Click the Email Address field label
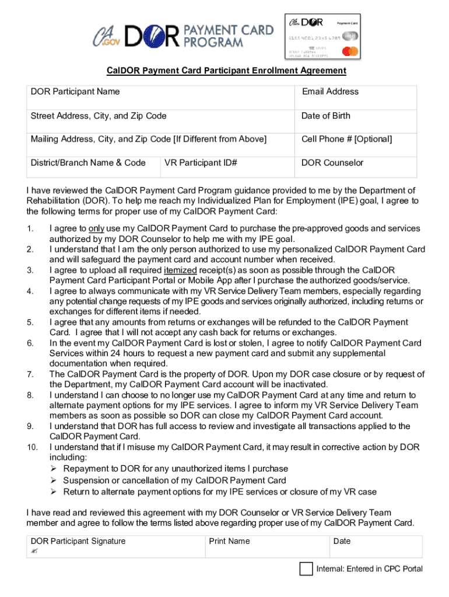pyautogui.click(x=330, y=92)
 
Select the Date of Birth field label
pyautogui.click(x=325, y=116)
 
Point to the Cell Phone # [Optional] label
pyautogui.click(x=346, y=139)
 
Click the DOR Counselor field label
pyautogui.click(x=332, y=163)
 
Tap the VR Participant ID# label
pyautogui.click(x=201, y=163)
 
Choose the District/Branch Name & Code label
pyautogui.click(x=88, y=163)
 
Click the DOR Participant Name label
pyautogui.click(x=75, y=92)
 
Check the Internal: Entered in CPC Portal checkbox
pyautogui.click(x=306, y=569)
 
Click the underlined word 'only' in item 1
pyautogui.click(x=96, y=229)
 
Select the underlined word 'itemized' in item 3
pyautogui.click(x=180, y=271)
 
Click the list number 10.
pyautogui.click(x=32, y=447)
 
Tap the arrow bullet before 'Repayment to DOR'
pyautogui.click(x=52, y=469)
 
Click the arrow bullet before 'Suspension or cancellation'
pyautogui.click(x=52, y=480)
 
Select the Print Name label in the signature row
pyautogui.click(x=229, y=542)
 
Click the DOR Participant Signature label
pyautogui.click(x=78, y=542)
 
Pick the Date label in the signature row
pyautogui.click(x=342, y=542)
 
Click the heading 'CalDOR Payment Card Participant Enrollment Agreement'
pyautogui.click(x=226, y=71)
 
